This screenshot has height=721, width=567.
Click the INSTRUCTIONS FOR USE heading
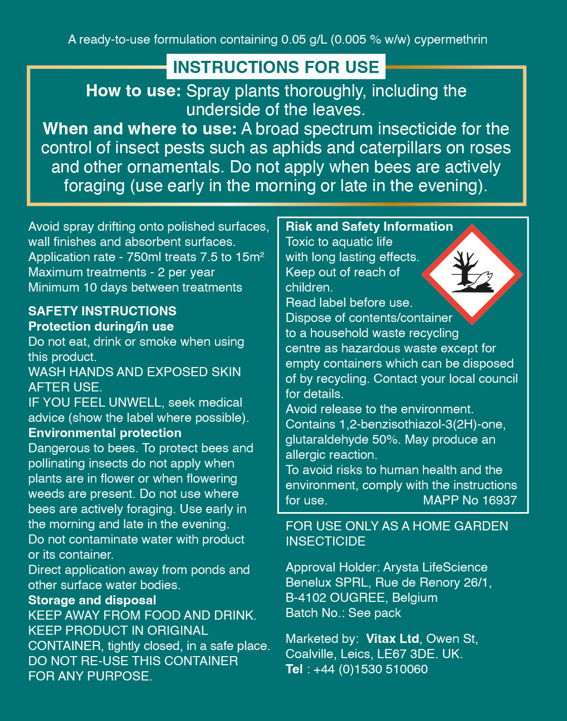(276, 67)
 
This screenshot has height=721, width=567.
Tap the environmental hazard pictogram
(472, 274)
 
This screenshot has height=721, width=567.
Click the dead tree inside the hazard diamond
(464, 269)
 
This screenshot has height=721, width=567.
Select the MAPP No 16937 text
(470, 500)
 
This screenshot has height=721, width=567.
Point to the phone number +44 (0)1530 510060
(370, 669)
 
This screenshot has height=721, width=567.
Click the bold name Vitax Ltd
(393, 639)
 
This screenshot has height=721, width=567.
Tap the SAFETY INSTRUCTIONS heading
(102, 311)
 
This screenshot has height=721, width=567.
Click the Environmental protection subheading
(105, 433)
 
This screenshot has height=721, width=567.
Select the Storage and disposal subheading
(92, 600)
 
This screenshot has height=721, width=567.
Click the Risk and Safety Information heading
(369, 227)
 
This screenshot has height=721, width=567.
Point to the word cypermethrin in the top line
(450, 40)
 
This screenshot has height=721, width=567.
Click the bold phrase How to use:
(133, 91)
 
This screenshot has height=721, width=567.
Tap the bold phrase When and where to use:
(140, 129)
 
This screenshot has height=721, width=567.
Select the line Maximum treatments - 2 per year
(122, 272)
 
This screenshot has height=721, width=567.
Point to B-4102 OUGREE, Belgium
(361, 598)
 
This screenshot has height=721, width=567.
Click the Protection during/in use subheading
(101, 327)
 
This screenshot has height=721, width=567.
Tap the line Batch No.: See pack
(343, 613)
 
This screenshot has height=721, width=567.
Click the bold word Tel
(294, 669)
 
